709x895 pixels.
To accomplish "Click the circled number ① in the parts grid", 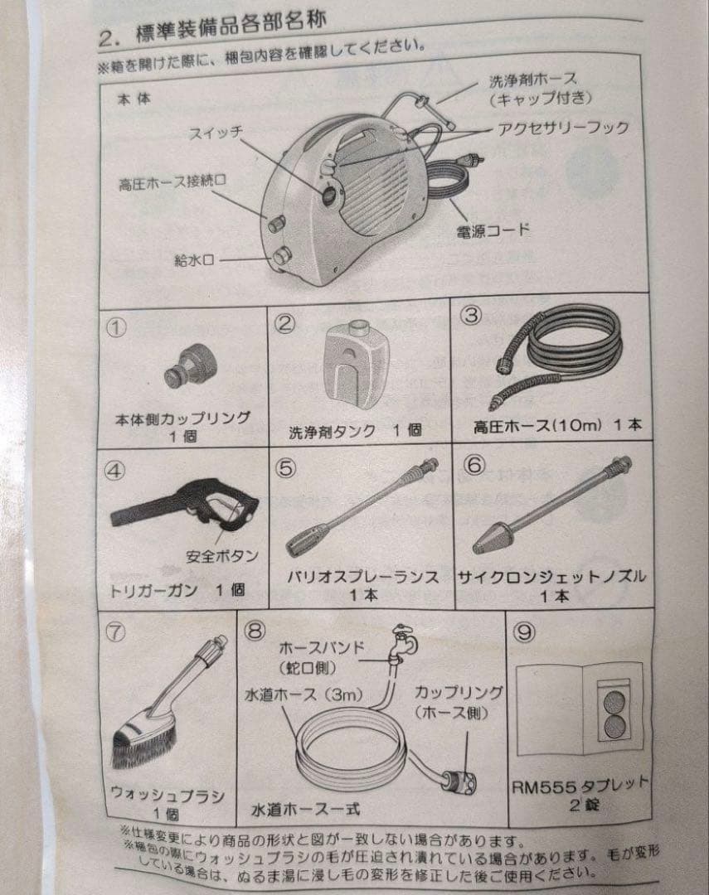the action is click(x=116, y=327).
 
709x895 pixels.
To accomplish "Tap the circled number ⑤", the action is click(x=285, y=468).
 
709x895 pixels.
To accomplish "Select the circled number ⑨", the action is click(x=524, y=631).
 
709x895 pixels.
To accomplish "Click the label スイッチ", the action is click(x=216, y=133).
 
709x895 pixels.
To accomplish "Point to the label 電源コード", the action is click(x=493, y=230).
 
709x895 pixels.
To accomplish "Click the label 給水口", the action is click(x=194, y=261).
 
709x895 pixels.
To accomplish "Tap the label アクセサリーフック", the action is click(x=563, y=128).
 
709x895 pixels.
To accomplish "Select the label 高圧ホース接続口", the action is click(x=172, y=182).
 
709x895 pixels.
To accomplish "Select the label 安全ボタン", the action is click(x=222, y=555).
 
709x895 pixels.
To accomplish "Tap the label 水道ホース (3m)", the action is click(x=304, y=694).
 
